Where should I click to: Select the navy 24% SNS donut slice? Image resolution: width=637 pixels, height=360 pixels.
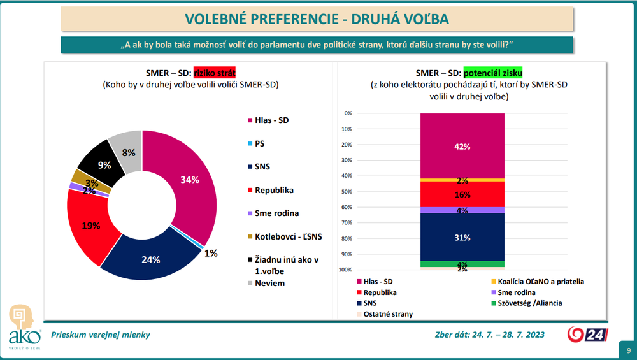click(152, 259)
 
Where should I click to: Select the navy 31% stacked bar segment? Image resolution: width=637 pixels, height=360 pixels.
click(462, 237)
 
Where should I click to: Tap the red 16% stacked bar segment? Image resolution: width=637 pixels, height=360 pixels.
click(462, 194)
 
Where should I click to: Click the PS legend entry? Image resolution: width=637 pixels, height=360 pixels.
click(260, 143)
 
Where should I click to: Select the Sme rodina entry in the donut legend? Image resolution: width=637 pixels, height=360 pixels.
click(276, 213)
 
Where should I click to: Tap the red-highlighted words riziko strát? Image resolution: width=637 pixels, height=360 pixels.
click(219, 73)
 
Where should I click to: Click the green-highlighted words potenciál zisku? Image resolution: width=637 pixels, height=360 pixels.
click(497, 73)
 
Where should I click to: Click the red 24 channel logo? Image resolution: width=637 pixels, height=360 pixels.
click(587, 335)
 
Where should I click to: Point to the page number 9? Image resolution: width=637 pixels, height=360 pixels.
click(629, 350)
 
